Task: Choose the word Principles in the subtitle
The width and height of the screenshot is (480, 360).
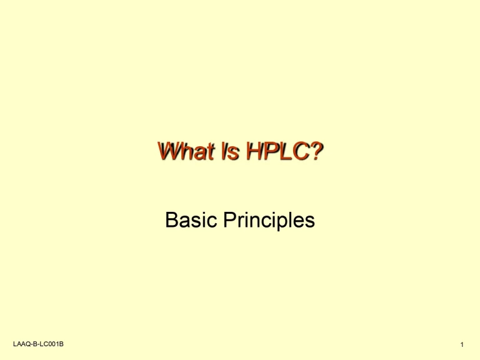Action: pyautogui.click(x=269, y=221)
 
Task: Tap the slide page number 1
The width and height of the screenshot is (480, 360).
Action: pyautogui.click(x=460, y=345)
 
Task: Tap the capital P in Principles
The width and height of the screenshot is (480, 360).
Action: pyautogui.click(x=231, y=220)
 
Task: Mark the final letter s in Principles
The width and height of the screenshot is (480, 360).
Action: pyautogui.click(x=310, y=222)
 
